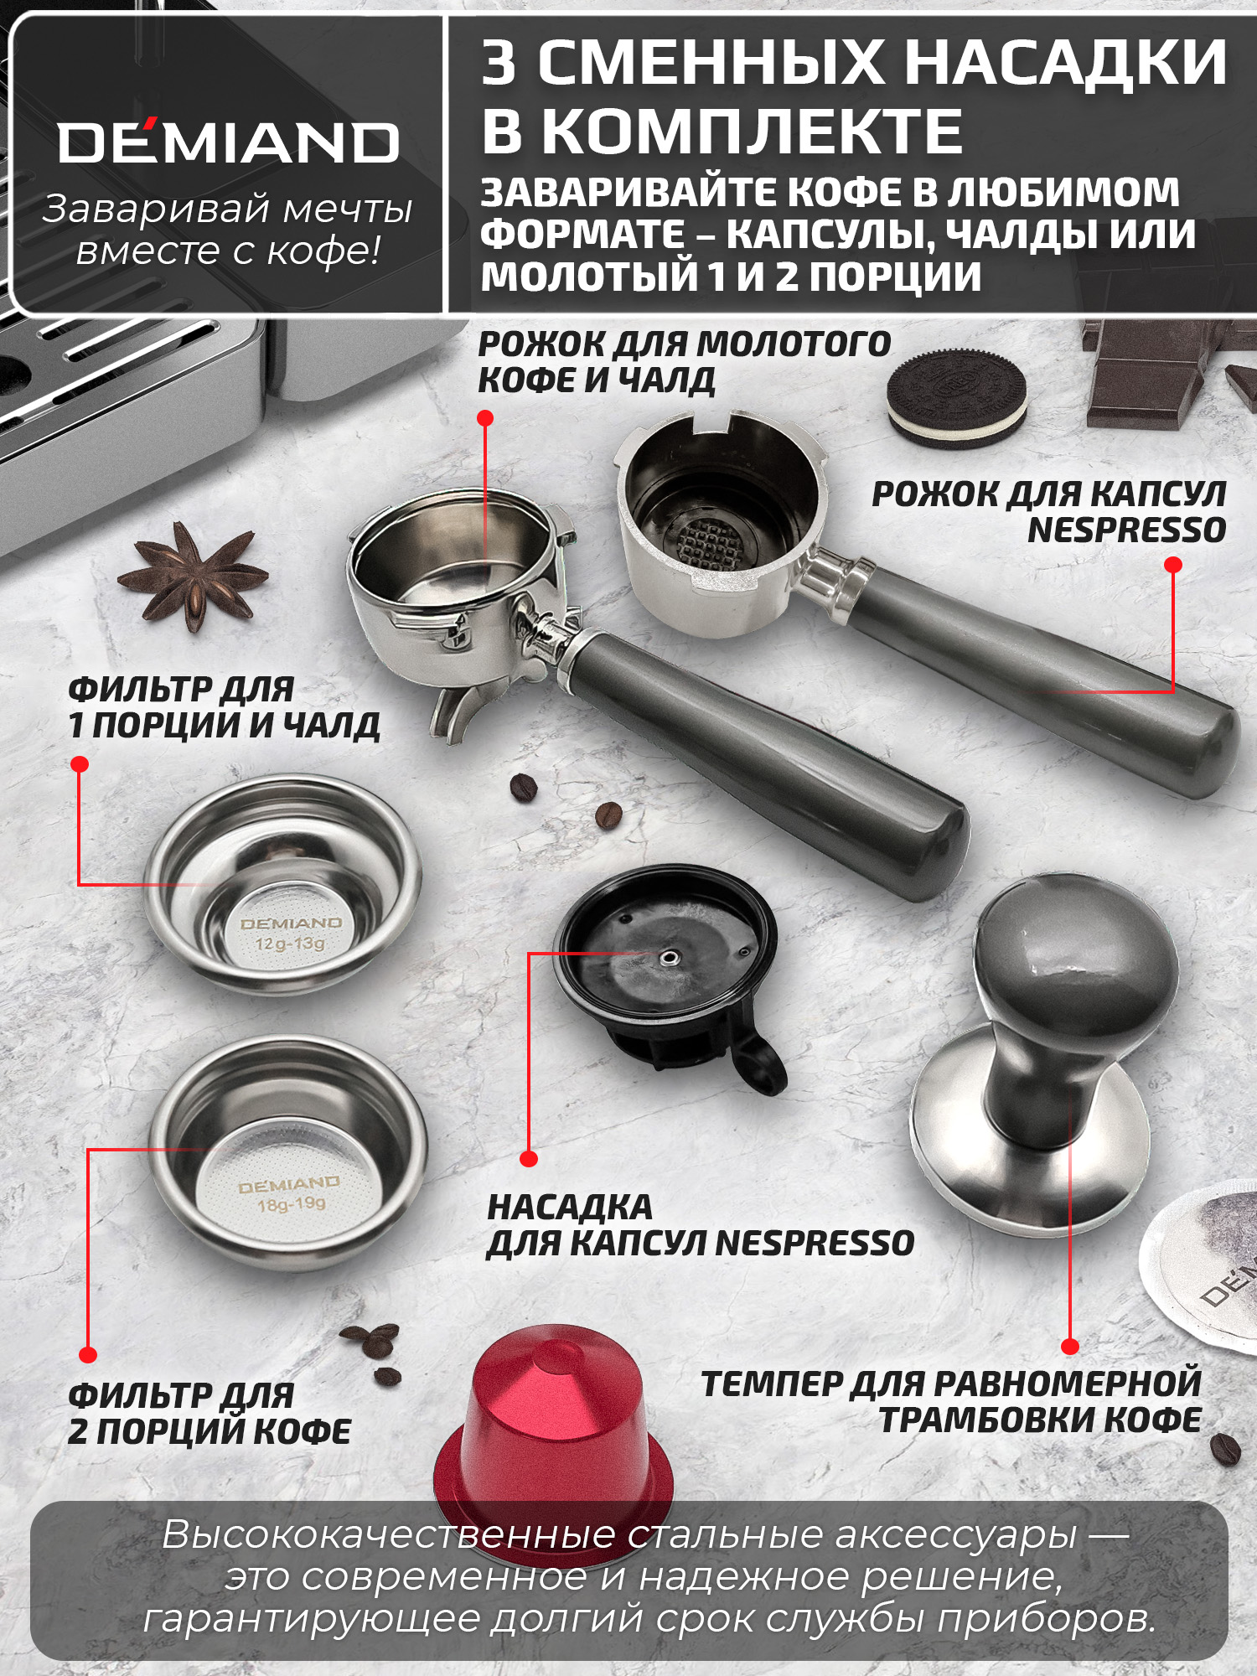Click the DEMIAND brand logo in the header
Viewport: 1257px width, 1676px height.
click(228, 143)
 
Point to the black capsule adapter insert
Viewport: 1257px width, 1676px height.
click(666, 964)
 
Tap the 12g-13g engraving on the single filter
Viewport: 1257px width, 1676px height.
click(290, 944)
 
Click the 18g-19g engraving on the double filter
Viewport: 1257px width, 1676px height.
click(291, 1205)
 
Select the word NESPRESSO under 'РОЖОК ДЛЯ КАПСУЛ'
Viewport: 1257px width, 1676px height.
click(1126, 530)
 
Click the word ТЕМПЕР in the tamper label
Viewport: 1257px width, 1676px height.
click(772, 1384)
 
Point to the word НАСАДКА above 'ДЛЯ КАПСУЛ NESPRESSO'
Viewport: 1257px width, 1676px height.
click(570, 1208)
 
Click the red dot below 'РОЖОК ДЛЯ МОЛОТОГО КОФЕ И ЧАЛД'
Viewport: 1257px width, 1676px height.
click(485, 418)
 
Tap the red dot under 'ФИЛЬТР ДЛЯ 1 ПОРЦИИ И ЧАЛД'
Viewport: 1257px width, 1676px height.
click(80, 764)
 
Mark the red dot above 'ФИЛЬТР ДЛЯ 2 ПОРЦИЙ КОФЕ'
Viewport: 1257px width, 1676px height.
click(88, 1355)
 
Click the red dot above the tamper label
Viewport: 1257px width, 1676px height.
click(1070, 1347)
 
